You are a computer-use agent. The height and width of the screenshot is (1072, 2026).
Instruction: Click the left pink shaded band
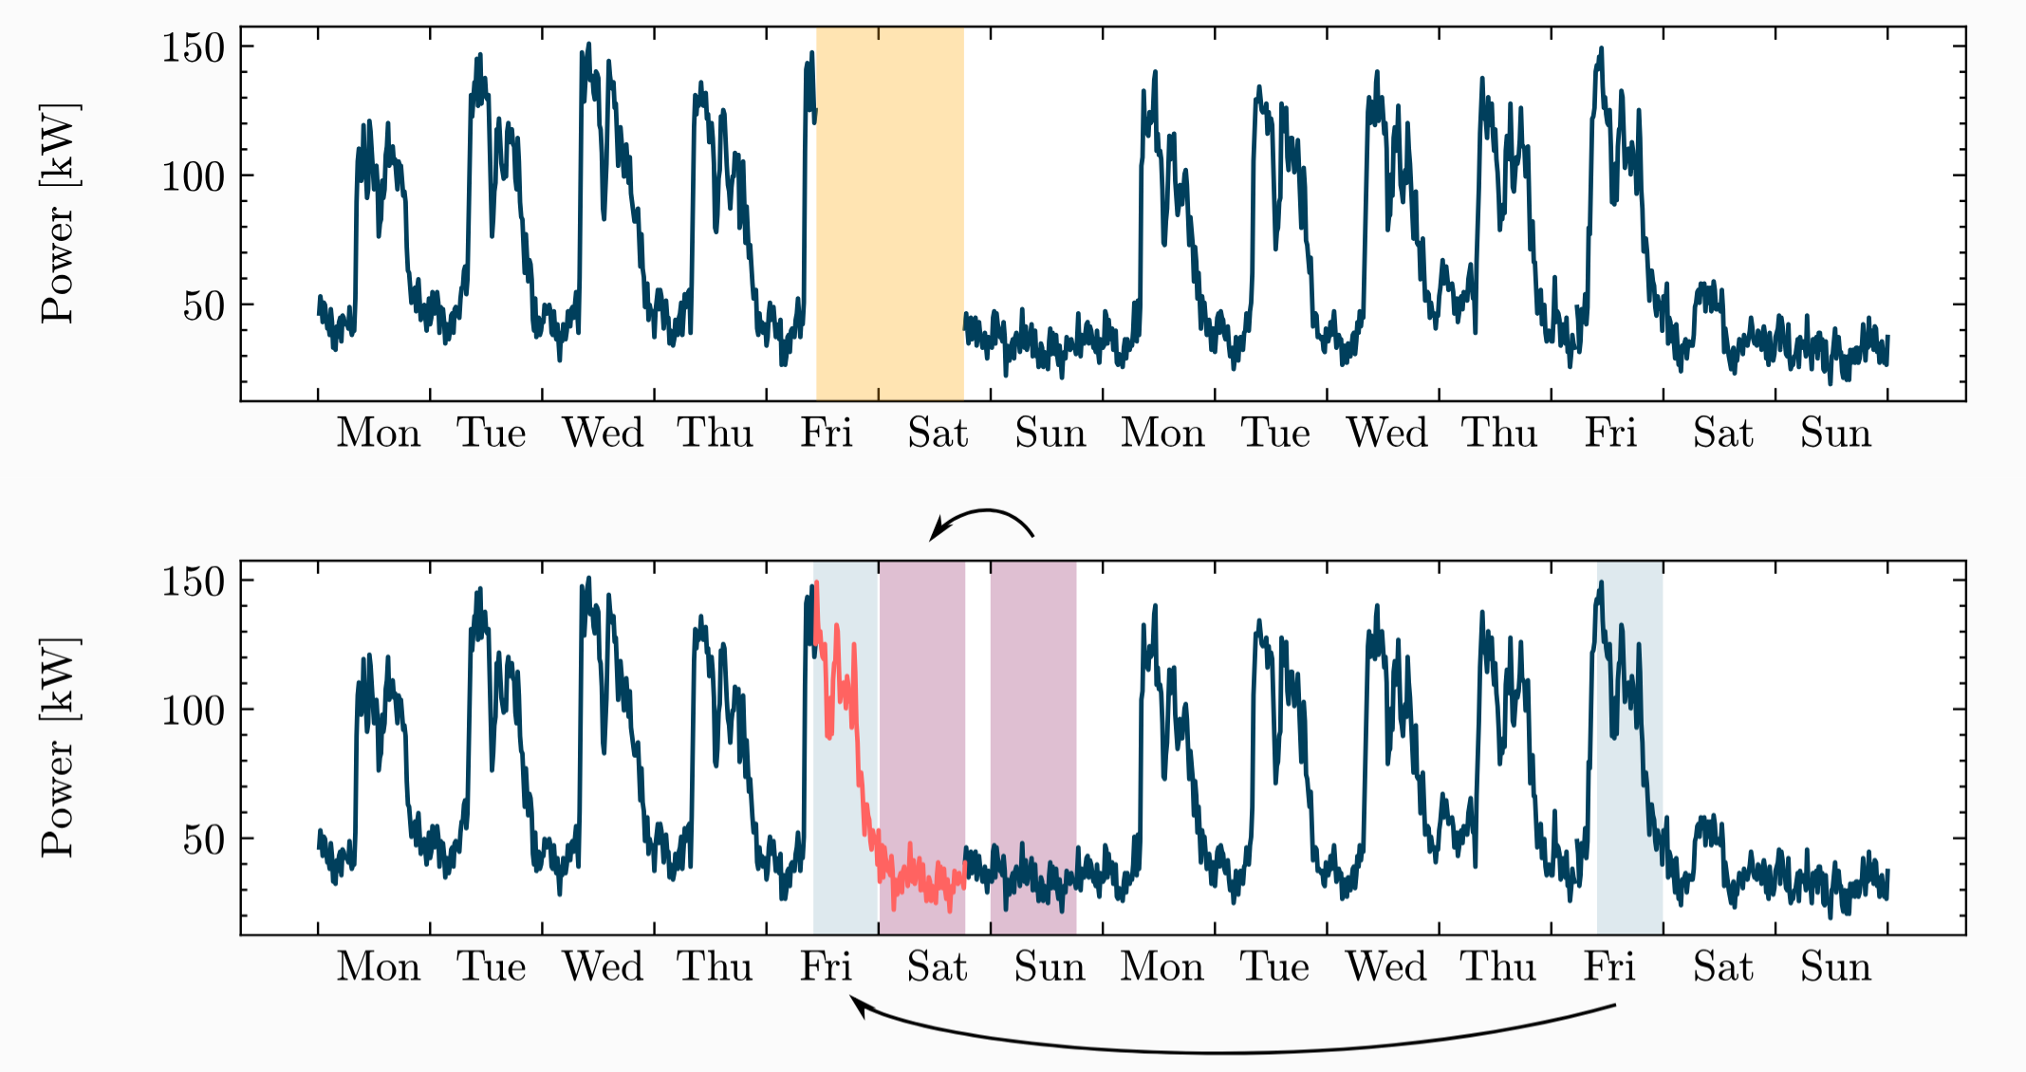pos(921,721)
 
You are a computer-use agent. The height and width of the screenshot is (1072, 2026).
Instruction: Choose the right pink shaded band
pos(1033,721)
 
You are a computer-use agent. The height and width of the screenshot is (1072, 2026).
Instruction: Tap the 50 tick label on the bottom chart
pos(203,840)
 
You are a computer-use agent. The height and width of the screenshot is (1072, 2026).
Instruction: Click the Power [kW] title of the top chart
pos(59,213)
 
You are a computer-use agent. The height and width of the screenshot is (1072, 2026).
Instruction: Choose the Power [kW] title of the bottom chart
pos(59,748)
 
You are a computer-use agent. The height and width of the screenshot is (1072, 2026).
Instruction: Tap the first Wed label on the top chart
pos(603,434)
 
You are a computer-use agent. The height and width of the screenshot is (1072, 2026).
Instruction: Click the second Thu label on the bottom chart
pos(1498,968)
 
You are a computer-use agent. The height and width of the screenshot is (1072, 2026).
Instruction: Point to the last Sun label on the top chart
pos(1835,434)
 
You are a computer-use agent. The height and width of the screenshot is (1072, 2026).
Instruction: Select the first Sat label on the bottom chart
pos(937,968)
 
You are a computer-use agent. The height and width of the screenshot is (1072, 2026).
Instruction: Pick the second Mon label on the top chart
pos(1162,434)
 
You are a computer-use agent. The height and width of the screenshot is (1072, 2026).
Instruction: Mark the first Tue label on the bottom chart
pos(491,968)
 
